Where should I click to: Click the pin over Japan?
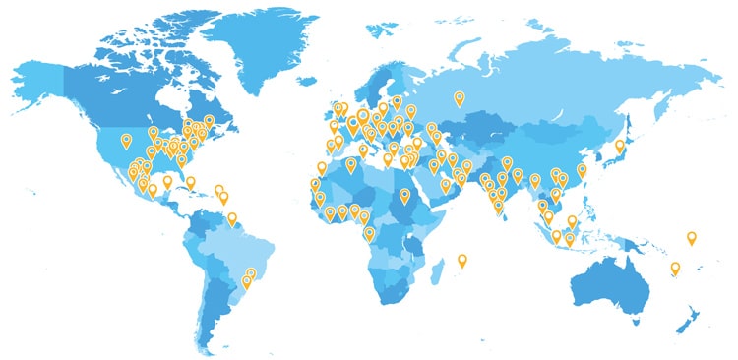coord(620,146)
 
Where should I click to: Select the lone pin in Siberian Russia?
coord(459,96)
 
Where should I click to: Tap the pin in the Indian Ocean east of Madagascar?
coord(462,260)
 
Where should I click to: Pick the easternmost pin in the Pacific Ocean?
coord(692,237)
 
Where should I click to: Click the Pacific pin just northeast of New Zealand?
coord(675,268)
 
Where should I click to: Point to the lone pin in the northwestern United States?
coord(126,140)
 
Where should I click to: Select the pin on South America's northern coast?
coord(232,218)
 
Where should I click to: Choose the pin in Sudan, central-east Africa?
coord(404,195)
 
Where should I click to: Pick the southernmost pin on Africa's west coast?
coord(369,232)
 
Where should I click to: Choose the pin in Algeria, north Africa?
coord(351,164)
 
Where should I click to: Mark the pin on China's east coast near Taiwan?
coord(582,169)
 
